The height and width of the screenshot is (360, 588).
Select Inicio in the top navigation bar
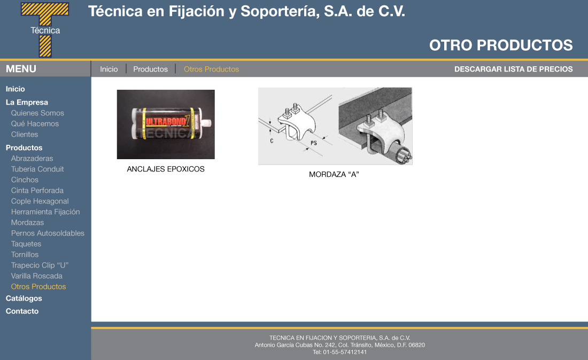[109, 69]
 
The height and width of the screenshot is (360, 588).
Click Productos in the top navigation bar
[150, 69]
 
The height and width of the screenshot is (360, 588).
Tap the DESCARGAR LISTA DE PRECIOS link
[513, 69]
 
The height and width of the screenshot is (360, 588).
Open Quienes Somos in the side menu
[37, 113]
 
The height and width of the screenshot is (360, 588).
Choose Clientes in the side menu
[25, 135]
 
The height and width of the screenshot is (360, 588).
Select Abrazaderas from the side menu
[32, 159]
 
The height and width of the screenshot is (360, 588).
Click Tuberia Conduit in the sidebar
[37, 169]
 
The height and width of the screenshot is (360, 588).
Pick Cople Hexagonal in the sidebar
[40, 201]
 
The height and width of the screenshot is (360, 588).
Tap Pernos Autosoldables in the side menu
[48, 233]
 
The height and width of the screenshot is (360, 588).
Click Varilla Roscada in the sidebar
[37, 276]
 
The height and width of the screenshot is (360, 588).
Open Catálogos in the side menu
[24, 299]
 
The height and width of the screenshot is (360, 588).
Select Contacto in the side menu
[22, 311]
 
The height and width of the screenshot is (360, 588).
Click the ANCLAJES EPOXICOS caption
[166, 169]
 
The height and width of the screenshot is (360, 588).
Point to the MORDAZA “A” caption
[334, 174]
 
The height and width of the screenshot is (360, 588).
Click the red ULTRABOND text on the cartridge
[165, 122]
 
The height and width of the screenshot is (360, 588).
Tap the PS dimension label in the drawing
[314, 143]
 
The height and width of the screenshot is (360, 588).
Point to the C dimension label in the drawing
[272, 141]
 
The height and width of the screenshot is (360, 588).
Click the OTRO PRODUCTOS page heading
[501, 45]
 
